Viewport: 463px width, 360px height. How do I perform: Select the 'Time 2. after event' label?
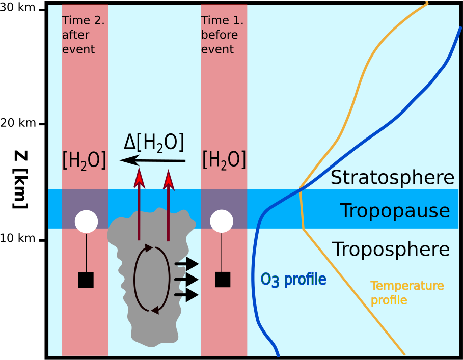pos(83,35)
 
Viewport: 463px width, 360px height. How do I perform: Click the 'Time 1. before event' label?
pos(222,35)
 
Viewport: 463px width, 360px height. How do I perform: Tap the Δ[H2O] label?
pos(154,143)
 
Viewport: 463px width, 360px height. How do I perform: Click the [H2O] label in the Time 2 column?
pos(84,160)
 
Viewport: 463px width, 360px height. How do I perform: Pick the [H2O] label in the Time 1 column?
pos(224,160)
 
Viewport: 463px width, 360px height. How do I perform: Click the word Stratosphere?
pos(392,178)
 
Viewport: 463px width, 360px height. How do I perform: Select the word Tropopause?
pos(395,210)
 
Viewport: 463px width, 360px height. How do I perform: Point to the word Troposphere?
pos(391,250)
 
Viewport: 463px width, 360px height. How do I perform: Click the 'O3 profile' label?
pos(293,280)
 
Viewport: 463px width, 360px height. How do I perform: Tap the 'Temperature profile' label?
pos(407,293)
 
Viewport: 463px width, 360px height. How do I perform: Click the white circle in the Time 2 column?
pos(86,221)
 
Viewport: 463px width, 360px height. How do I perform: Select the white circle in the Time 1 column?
pos(222,221)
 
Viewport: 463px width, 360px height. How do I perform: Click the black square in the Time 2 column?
pos(86,280)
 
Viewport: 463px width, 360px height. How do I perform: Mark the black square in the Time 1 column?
pos(223,280)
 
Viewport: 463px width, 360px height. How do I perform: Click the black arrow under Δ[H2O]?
pos(153,160)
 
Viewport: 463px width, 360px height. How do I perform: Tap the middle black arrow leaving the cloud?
pos(186,279)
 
